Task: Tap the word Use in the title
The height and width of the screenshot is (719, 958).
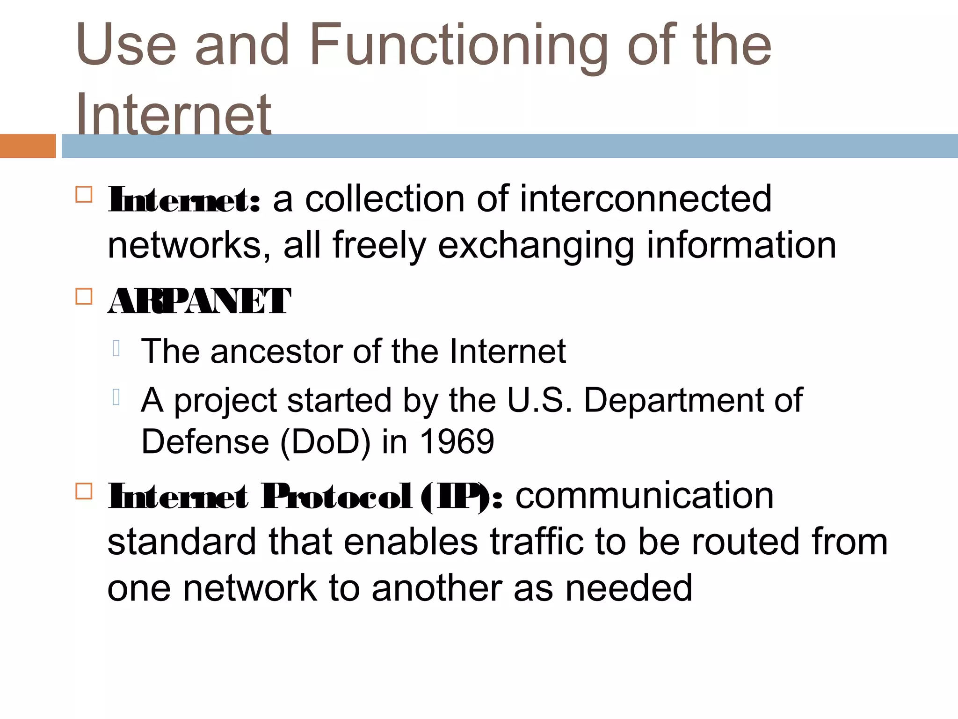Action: [x=126, y=46]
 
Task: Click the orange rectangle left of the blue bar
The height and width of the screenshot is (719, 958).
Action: [x=28, y=146]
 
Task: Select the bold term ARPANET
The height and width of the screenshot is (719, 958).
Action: [x=199, y=301]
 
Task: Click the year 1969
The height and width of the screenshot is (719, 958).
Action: [x=457, y=441]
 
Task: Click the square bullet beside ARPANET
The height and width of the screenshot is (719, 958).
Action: [x=84, y=296]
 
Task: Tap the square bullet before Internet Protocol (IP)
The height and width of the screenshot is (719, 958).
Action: [x=84, y=491]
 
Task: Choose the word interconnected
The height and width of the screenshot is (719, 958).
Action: [x=645, y=199]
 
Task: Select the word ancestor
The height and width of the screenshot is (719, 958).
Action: [x=276, y=351]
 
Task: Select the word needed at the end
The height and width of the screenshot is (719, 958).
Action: [x=629, y=588]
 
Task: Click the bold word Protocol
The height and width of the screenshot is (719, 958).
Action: [x=337, y=496]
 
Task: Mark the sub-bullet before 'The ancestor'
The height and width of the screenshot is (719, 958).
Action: [x=116, y=348]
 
